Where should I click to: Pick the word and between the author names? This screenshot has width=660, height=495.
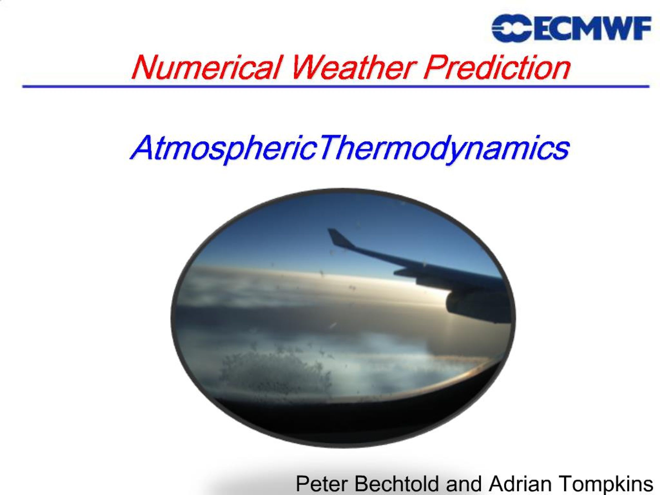(x=464, y=484)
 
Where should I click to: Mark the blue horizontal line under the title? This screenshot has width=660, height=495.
(x=336, y=87)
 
